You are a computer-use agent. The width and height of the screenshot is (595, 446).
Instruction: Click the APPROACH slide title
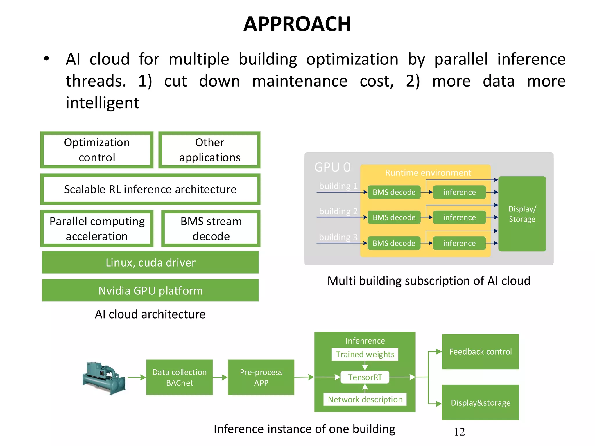point(297,24)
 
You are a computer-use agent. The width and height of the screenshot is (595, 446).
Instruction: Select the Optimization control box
point(97,150)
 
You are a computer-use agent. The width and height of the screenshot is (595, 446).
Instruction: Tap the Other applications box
point(209,150)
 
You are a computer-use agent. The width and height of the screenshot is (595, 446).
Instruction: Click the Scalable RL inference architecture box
point(150,189)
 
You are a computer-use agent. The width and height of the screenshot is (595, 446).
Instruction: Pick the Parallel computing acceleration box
point(97,229)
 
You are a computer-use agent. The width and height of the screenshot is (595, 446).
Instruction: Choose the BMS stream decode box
point(211,229)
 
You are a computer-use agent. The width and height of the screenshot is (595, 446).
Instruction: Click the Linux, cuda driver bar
point(150,262)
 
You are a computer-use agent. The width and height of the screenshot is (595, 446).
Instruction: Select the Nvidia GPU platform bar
point(150,290)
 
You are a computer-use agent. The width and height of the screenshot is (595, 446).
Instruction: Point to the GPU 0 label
point(332,167)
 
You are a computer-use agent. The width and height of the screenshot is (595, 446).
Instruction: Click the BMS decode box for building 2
point(394,217)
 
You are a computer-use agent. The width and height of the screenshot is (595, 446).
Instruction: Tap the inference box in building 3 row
point(459,243)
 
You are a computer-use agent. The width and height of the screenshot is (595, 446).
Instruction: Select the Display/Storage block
point(522,214)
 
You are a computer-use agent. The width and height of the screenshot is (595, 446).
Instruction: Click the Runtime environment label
point(428,173)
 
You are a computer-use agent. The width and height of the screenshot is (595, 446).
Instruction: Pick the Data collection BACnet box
point(179,377)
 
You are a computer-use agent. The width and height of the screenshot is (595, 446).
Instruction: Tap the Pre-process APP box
point(261,377)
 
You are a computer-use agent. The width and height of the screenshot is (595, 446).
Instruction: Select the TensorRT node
point(365,377)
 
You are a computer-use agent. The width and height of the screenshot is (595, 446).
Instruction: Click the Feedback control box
point(480,352)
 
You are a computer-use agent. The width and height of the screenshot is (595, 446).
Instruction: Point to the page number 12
point(459,432)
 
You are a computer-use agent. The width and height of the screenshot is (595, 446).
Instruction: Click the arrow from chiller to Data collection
point(136,377)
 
